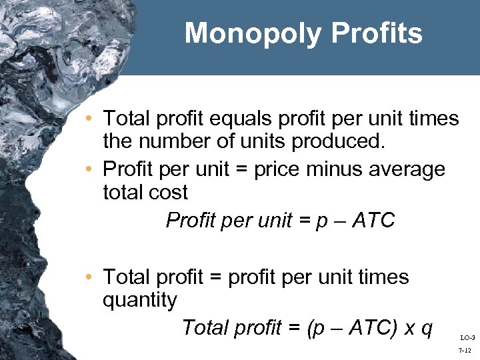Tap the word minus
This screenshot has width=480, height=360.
click(335, 169)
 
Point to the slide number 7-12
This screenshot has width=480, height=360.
click(465, 349)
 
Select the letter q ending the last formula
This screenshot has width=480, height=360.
click(427, 329)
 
